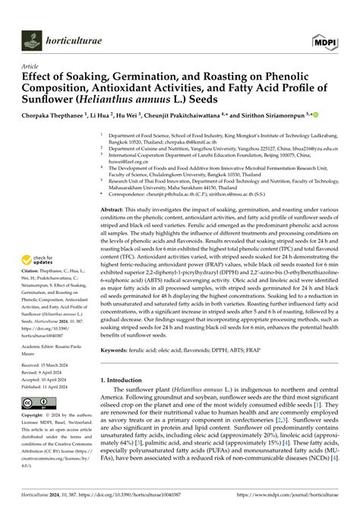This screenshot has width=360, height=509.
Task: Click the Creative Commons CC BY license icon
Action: click(x=38, y=401)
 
